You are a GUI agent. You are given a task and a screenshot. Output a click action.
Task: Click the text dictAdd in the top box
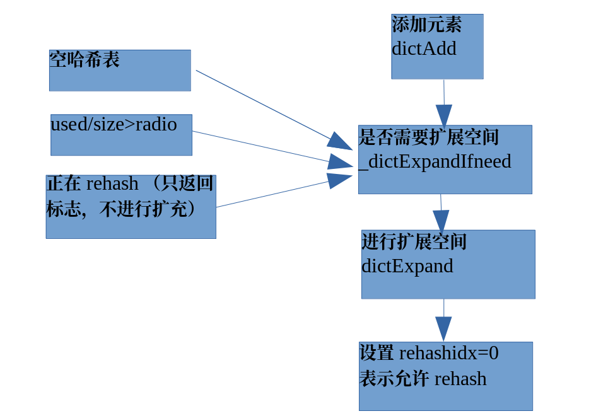coord(424,49)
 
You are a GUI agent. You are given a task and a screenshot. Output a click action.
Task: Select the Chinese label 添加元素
coord(426,25)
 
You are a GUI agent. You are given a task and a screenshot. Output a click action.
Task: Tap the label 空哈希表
coord(85,60)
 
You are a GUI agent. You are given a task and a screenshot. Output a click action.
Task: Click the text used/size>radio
coord(114,124)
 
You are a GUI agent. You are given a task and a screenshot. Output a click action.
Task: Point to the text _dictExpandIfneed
coord(435,161)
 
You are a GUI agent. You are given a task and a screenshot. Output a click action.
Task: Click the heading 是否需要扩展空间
coord(429,137)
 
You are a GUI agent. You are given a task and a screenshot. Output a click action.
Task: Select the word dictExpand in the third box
coord(407,265)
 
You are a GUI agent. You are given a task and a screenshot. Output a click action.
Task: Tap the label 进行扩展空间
coord(414,241)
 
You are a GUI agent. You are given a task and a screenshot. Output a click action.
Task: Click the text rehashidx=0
coord(448,353)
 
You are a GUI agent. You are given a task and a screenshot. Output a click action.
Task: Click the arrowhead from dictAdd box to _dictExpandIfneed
coord(444,115)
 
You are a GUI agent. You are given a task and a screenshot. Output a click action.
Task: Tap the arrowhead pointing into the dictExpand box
coord(441,221)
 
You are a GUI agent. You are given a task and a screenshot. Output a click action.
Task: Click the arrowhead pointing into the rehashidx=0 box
coord(443,328)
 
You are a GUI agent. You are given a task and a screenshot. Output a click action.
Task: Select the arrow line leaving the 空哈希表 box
coord(265,106)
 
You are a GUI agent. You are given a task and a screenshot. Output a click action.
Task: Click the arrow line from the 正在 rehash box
coord(271,194)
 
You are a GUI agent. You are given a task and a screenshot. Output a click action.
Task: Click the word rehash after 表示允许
coord(460,379)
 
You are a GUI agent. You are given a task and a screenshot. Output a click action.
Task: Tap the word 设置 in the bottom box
coord(377,353)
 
